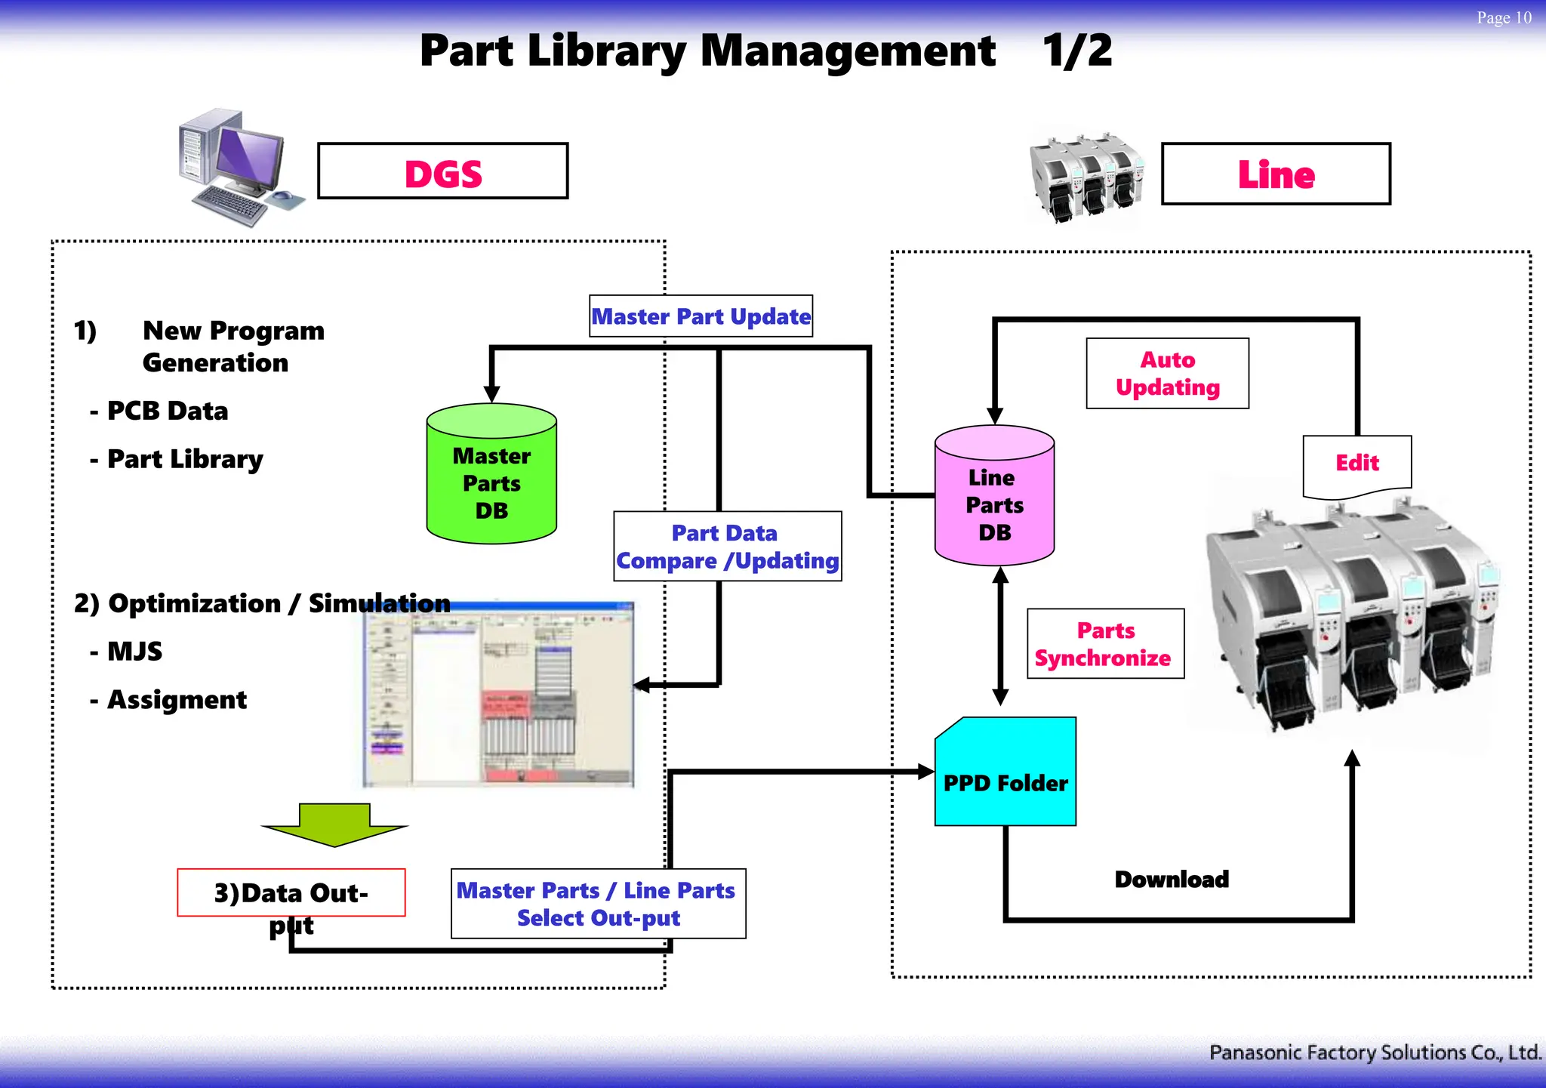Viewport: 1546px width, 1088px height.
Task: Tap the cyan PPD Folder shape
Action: [1006, 774]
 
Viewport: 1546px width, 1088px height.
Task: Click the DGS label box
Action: [443, 171]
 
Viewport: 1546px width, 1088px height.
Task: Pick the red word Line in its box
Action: [1276, 174]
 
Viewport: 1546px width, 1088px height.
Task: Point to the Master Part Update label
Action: [701, 316]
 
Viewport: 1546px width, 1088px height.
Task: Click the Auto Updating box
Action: [1167, 374]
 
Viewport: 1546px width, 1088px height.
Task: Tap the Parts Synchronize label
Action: [1105, 644]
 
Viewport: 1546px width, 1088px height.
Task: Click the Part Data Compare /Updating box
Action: [727, 547]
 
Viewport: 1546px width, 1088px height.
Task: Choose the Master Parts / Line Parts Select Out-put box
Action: [598, 904]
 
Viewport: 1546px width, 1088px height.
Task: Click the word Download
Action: [1172, 880]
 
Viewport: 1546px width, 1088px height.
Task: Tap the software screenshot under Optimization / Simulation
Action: [498, 695]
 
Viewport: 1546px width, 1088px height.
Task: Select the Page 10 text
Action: [1503, 17]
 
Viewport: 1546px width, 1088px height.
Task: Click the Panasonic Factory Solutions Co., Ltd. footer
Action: [1374, 1053]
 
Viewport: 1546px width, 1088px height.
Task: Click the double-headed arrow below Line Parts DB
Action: [1000, 636]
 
